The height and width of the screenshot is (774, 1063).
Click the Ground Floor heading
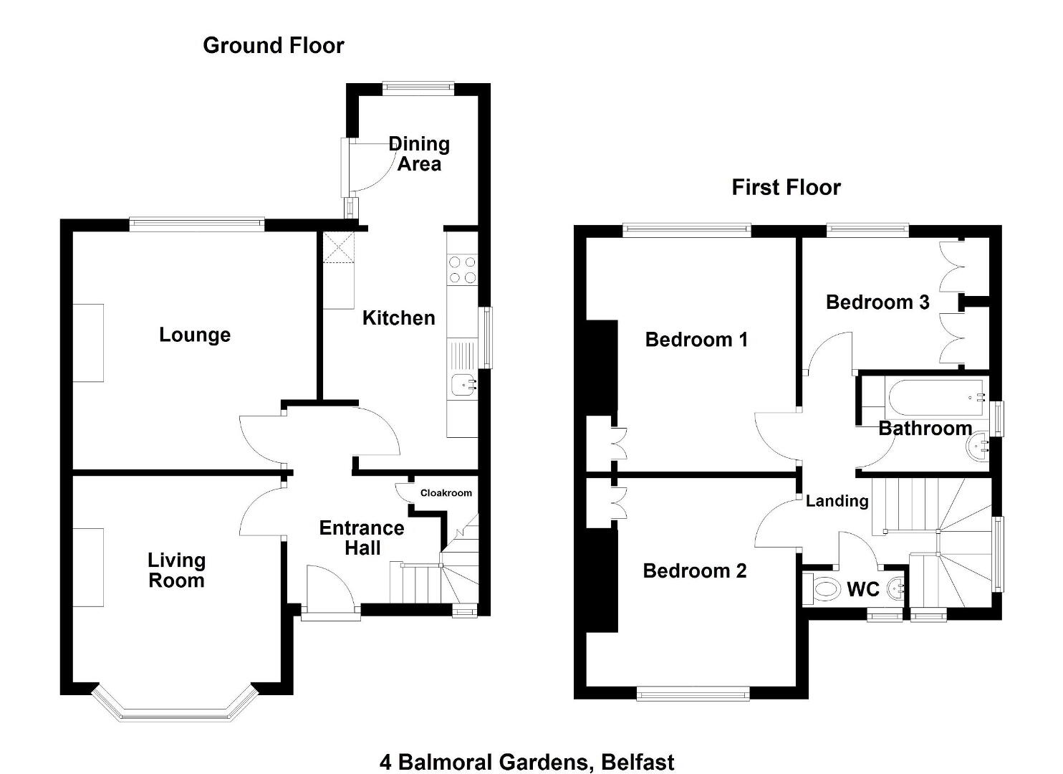[x=274, y=46]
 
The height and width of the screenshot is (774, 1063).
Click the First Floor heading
[x=786, y=187]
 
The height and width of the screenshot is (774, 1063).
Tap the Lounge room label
[x=195, y=335]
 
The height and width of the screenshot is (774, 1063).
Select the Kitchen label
[x=398, y=318]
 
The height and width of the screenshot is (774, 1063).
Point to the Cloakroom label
[x=446, y=493]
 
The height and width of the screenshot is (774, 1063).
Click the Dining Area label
[x=419, y=154]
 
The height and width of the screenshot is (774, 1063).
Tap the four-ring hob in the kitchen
[x=462, y=269]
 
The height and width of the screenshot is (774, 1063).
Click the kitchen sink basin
[x=463, y=385]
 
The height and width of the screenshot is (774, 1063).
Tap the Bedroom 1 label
[x=696, y=340]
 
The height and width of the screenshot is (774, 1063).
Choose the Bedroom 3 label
[x=877, y=302]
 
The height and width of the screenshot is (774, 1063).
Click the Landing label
[x=837, y=501]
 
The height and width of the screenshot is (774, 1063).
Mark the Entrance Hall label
[x=362, y=537]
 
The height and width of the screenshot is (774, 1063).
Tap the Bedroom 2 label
[x=695, y=570]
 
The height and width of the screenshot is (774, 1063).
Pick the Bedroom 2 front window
[x=693, y=694]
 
